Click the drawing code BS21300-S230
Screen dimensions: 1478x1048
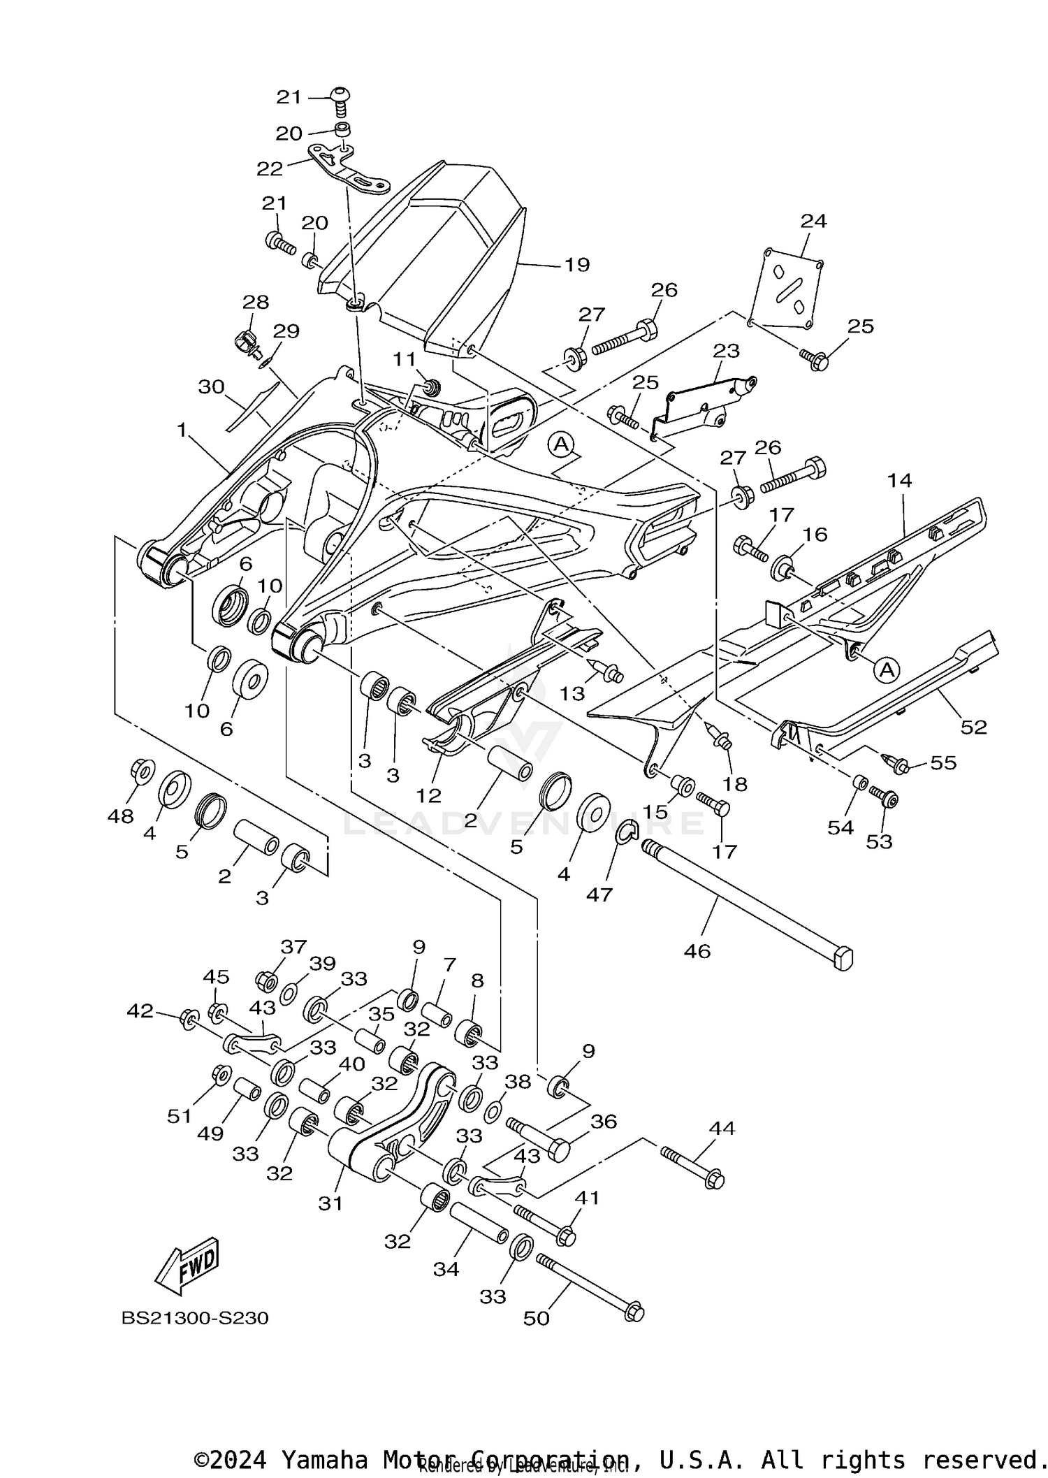click(x=195, y=1318)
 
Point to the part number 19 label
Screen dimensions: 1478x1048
click(x=577, y=265)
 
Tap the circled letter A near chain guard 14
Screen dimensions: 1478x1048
click(x=887, y=669)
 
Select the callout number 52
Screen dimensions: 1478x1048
click(x=973, y=727)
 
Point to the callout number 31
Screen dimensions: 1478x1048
click(x=330, y=1203)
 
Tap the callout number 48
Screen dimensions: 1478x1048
click(x=121, y=816)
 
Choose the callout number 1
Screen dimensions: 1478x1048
click(x=182, y=430)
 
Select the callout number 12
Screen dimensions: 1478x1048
click(x=429, y=795)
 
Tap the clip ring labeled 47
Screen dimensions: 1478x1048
click(x=626, y=832)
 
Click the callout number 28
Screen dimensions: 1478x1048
click(x=256, y=302)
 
